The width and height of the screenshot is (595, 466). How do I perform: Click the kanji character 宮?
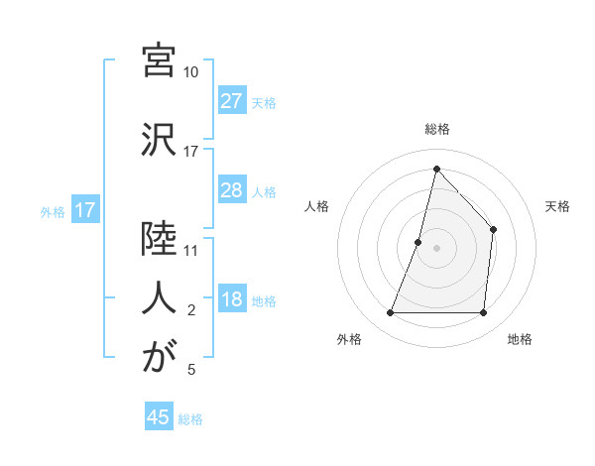pyautogui.click(x=159, y=60)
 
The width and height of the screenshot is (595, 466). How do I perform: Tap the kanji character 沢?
pyautogui.click(x=159, y=140)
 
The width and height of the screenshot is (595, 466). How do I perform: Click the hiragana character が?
pyautogui.click(x=159, y=358)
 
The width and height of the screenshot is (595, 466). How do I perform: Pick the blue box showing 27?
pyautogui.click(x=232, y=101)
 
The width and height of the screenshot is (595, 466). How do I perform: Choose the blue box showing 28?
pyautogui.click(x=232, y=190)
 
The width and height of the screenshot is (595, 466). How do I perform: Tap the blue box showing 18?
pyautogui.click(x=232, y=300)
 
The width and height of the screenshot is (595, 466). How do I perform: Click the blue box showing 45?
pyautogui.click(x=159, y=416)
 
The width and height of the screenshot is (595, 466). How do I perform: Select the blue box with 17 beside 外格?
pyautogui.click(x=84, y=210)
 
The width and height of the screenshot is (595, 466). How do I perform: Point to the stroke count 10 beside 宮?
pyautogui.click(x=191, y=72)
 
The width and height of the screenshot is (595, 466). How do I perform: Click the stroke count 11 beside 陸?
pyautogui.click(x=191, y=251)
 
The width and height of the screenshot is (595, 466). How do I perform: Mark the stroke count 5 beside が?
pyautogui.click(x=191, y=370)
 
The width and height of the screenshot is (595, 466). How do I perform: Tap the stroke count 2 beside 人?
pyautogui.click(x=191, y=310)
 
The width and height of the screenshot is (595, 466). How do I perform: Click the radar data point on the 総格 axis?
pyautogui.click(x=436, y=168)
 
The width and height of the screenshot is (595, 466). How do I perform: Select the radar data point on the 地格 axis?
pyautogui.click(x=484, y=313)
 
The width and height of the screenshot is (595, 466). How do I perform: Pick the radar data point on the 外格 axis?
pyautogui.click(x=390, y=313)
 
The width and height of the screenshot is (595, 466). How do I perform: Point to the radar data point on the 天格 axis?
pyautogui.click(x=494, y=230)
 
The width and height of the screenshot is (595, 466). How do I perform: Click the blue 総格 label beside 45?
pyautogui.click(x=190, y=418)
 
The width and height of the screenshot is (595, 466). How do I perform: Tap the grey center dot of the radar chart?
pyautogui.click(x=436, y=248)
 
